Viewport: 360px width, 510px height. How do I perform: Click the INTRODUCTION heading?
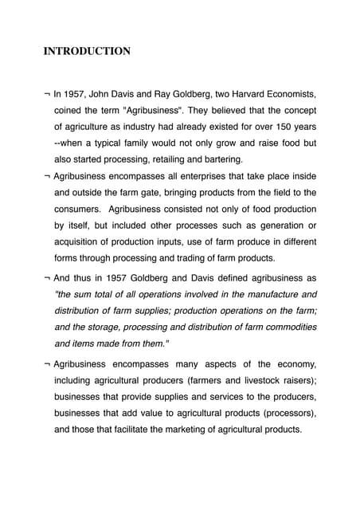(87, 52)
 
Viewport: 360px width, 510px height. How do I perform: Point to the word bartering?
(213, 159)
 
